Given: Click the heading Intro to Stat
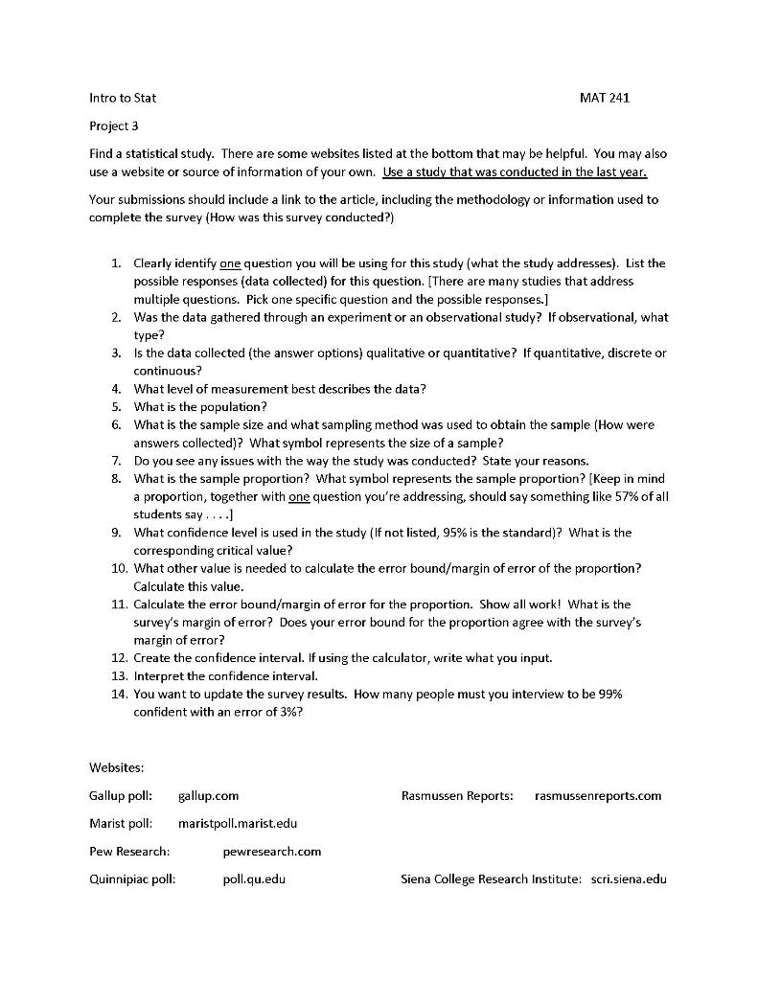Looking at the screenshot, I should coord(123,98).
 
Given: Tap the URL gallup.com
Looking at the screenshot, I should coord(208,795).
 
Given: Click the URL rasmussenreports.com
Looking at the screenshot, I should coord(598,795).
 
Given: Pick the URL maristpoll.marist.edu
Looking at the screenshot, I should coord(238,823).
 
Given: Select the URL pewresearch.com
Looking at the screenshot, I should coord(271,851).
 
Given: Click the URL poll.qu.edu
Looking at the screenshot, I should coord(254,878).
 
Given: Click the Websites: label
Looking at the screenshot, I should coord(116,767).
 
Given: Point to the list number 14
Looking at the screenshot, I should coord(118,694).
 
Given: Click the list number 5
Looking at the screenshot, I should coord(115,406).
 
